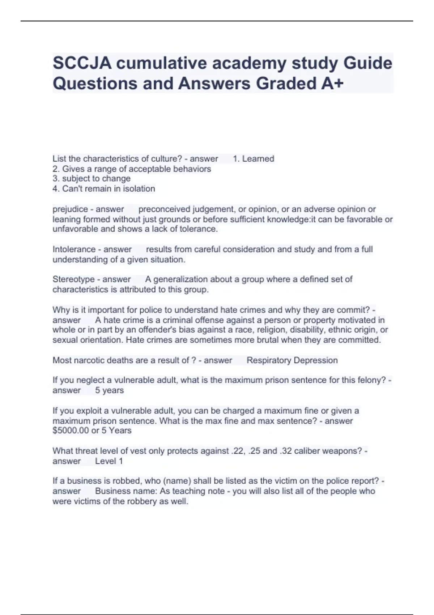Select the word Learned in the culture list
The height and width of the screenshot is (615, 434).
258,159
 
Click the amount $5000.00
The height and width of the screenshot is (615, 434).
71,431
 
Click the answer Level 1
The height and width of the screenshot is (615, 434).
109,461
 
